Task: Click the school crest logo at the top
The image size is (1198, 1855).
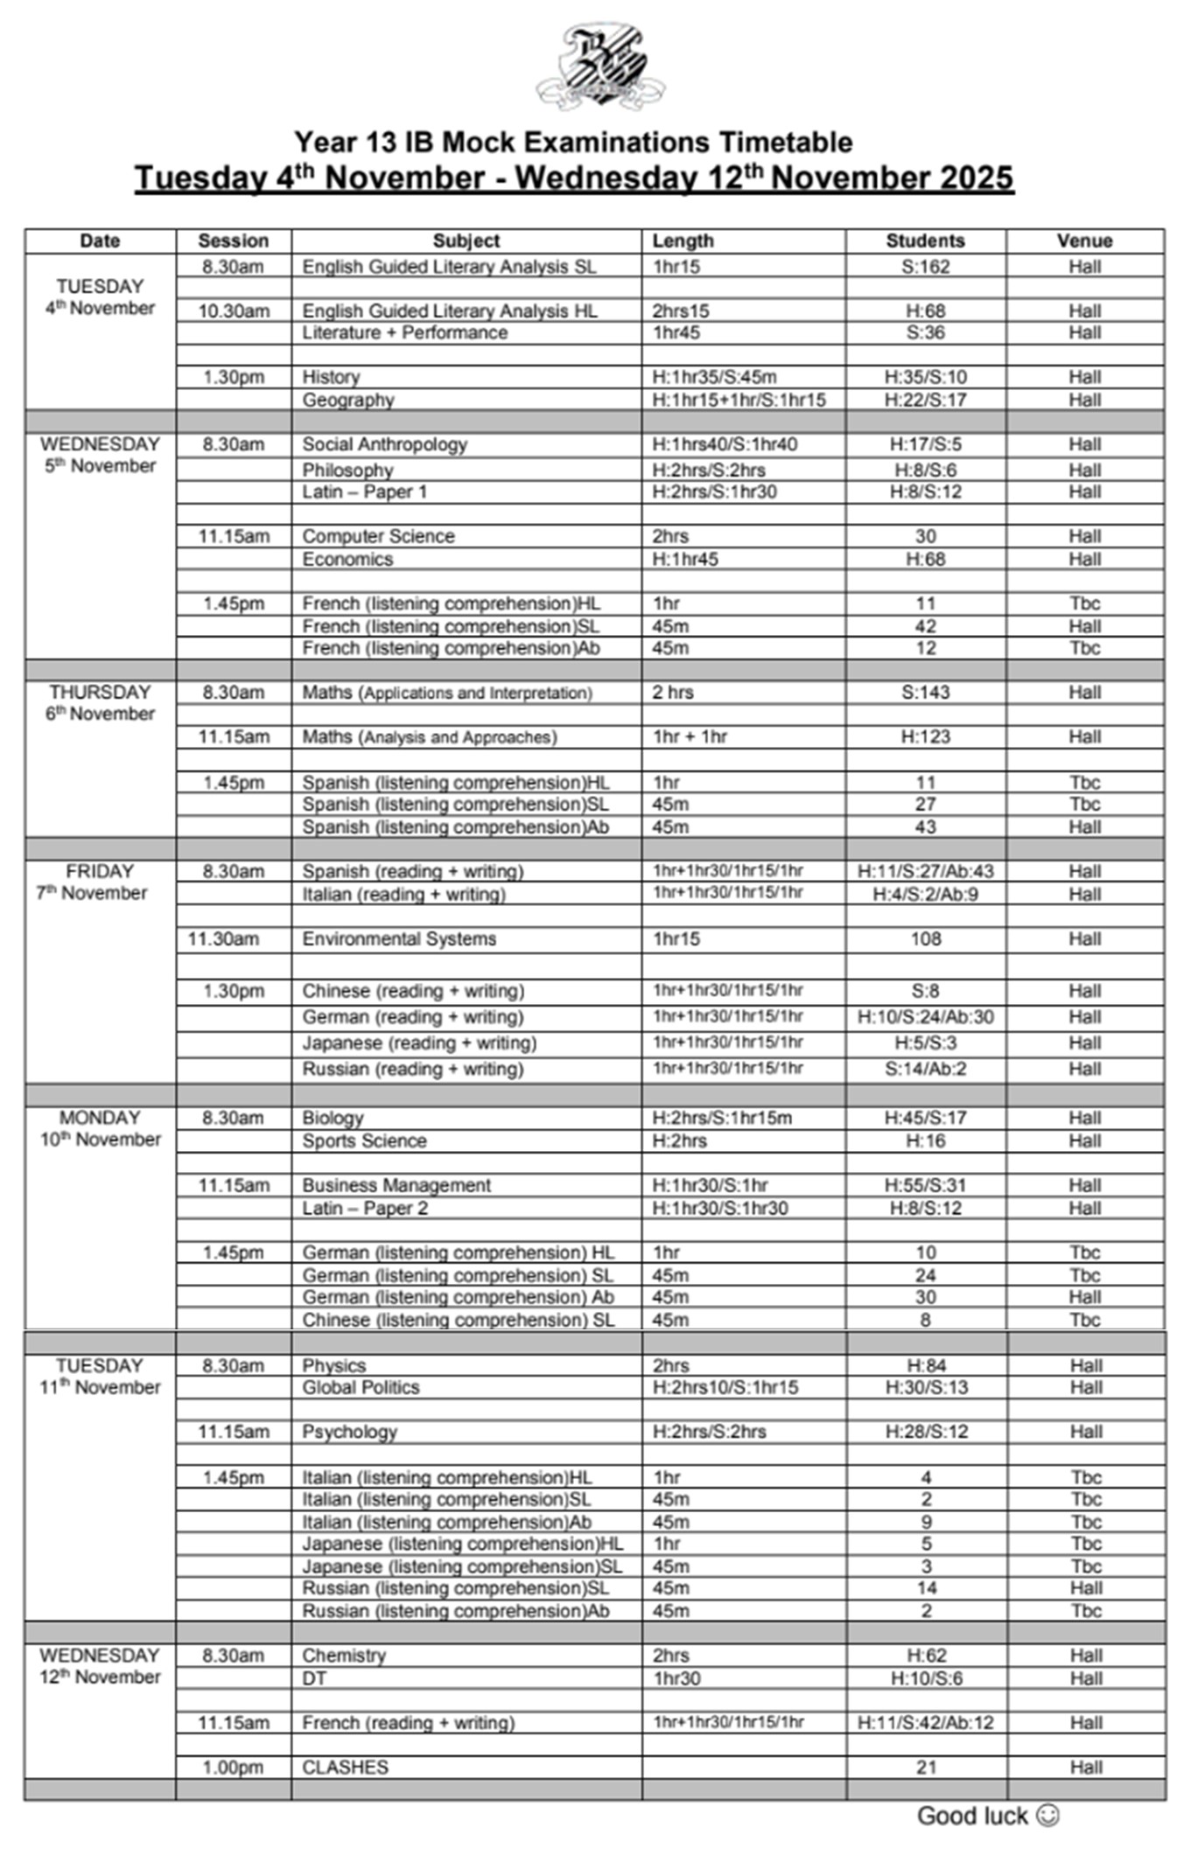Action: [600, 68]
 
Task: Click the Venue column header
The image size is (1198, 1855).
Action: [1084, 241]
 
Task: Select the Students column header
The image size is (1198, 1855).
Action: [925, 241]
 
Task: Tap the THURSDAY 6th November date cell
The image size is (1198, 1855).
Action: [100, 703]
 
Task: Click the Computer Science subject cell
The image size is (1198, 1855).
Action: [378, 536]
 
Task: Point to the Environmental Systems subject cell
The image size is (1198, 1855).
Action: [399, 938]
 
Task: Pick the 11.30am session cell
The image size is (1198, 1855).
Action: [224, 938]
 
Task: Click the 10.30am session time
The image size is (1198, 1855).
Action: [234, 310]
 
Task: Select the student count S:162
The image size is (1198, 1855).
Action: [925, 267]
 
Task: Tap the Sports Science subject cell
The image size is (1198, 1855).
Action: [364, 1140]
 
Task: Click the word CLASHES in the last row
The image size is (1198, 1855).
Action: [345, 1767]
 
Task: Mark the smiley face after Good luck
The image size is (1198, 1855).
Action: [1047, 1816]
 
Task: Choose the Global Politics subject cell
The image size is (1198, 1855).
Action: [361, 1387]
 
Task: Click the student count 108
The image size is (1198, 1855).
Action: [925, 938]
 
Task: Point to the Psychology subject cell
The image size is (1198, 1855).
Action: [349, 1432]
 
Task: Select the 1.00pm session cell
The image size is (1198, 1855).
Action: [233, 1767]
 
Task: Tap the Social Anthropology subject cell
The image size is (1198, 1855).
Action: [384, 444]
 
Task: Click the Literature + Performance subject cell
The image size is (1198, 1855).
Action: [404, 332]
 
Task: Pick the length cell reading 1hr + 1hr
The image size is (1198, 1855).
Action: [690, 736]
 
